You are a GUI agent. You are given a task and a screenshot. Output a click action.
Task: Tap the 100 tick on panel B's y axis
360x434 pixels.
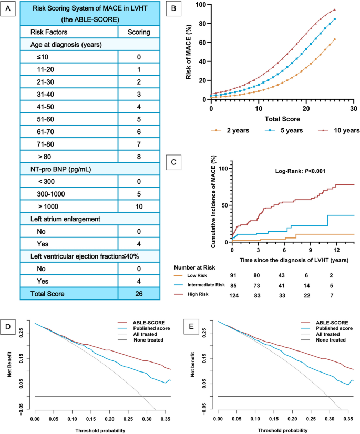[x=203, y=5]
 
